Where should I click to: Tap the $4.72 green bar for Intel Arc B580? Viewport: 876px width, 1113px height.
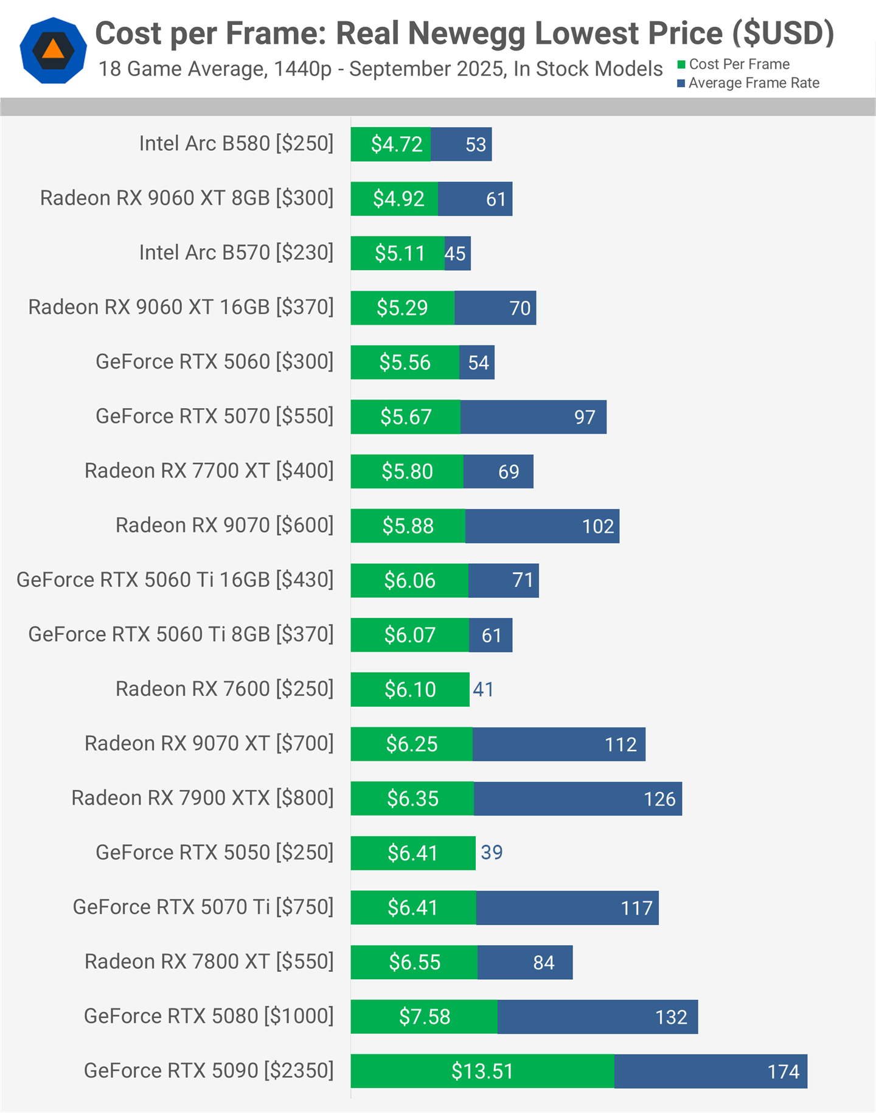[391, 145]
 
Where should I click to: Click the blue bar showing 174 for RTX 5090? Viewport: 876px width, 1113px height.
[710, 1071]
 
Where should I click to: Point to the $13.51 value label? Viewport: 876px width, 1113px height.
[482, 1071]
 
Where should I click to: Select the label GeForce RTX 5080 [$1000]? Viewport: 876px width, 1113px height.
[209, 1016]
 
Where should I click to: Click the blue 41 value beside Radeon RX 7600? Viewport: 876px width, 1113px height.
[484, 689]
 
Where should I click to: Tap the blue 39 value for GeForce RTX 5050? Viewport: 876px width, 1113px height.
[492, 853]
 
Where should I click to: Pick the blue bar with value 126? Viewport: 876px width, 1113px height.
[577, 799]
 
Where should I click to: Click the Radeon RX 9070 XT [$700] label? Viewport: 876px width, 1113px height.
[209, 743]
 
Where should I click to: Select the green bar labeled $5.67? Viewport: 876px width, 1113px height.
[406, 417]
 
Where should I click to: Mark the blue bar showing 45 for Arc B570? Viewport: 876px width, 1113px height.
[457, 254]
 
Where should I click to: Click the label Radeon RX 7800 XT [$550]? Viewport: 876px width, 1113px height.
[209, 962]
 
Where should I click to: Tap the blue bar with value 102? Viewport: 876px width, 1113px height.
[541, 526]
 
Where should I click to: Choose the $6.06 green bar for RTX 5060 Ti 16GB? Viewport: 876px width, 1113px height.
[409, 581]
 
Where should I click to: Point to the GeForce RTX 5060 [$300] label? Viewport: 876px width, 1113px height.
[214, 362]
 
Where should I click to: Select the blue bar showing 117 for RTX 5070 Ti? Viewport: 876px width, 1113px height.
[567, 908]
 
